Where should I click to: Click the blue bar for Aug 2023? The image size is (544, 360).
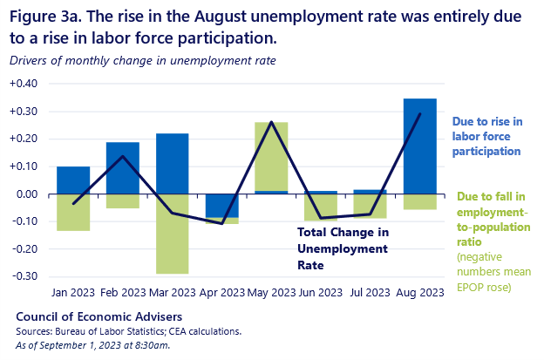click(x=419, y=146)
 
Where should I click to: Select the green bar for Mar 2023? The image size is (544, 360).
click(x=172, y=234)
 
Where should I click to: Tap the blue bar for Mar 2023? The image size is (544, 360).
click(x=172, y=163)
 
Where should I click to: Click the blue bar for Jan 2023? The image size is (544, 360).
click(x=73, y=180)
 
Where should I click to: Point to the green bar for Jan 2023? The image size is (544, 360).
click(x=73, y=212)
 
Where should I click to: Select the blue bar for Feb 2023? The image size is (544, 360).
click(x=123, y=167)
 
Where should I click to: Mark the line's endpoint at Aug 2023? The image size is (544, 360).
click(x=419, y=114)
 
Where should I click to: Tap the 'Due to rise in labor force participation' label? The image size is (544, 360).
click(x=486, y=135)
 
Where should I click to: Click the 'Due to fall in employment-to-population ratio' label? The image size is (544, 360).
click(x=493, y=211)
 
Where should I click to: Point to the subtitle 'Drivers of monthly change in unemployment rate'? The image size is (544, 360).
click(x=143, y=60)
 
